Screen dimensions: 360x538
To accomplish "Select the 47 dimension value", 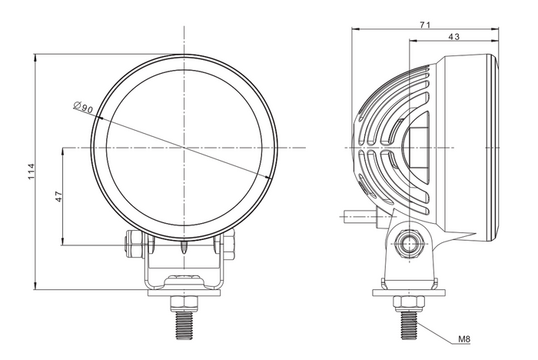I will pos(58,196).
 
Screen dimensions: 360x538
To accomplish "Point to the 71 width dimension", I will pos(425,25).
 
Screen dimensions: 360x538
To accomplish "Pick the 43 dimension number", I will pos(453,37).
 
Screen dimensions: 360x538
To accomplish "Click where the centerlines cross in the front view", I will pos(184,146).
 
